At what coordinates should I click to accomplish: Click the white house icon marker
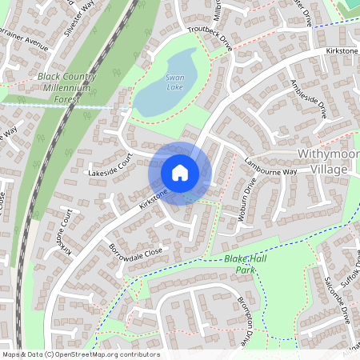pyautogui.click(x=180, y=172)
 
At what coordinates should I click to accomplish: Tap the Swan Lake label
pyautogui.click(x=175, y=81)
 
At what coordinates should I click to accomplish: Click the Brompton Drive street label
pyautogui.click(x=249, y=315)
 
